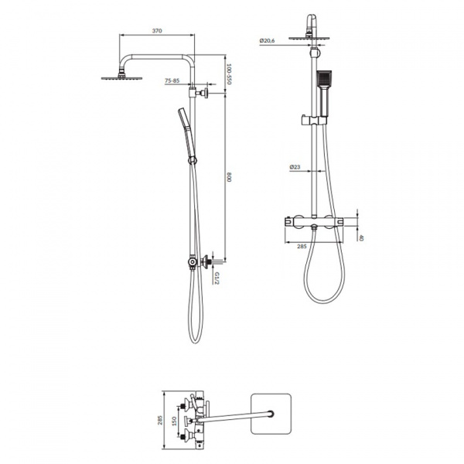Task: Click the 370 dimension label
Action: pos(157,30)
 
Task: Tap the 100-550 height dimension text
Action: pos(229,74)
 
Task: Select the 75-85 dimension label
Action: pos(172,80)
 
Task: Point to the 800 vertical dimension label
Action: pos(229,177)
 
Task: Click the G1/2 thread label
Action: pos(217,278)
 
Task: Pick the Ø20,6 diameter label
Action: pos(267,40)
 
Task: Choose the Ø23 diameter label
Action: pos(295,167)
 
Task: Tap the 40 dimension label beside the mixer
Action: pos(361,237)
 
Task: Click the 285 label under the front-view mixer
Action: pos(302,246)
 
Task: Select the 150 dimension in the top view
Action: pos(174,421)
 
